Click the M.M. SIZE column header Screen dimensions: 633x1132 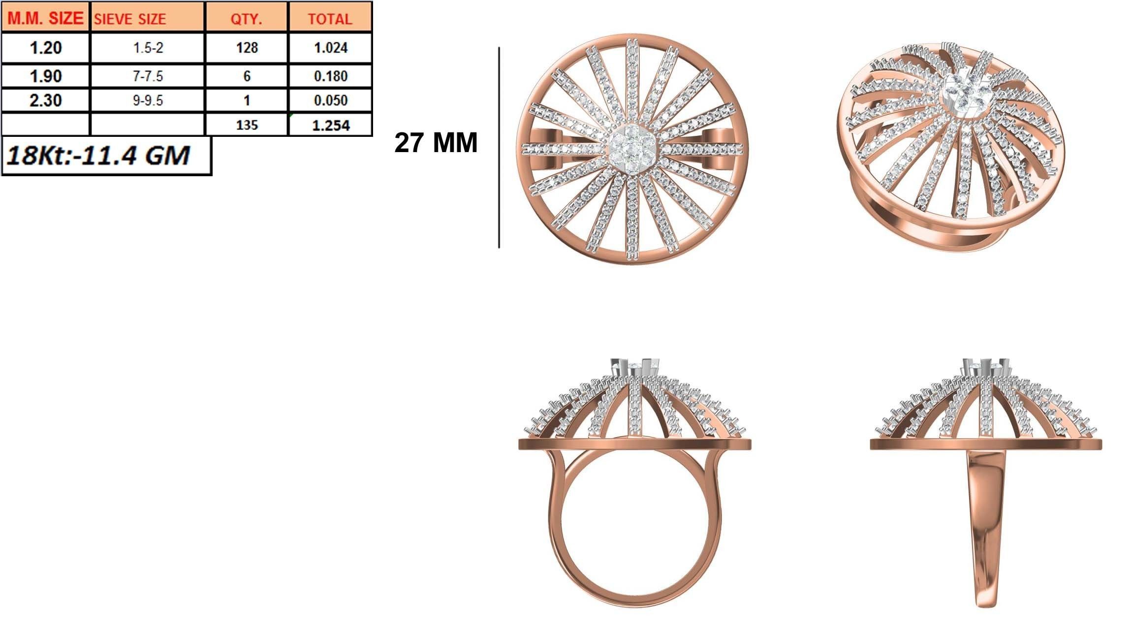click(x=45, y=18)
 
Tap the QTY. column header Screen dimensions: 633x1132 click(x=246, y=19)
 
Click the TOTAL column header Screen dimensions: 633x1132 click(x=330, y=19)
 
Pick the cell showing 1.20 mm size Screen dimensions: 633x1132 click(x=45, y=48)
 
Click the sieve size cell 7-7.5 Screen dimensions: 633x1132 click(x=147, y=76)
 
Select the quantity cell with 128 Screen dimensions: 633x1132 click(x=246, y=48)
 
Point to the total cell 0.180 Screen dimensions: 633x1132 click(x=330, y=76)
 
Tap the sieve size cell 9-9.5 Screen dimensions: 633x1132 click(x=147, y=100)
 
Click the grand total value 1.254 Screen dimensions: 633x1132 click(x=330, y=125)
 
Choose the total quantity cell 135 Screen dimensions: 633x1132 click(x=246, y=125)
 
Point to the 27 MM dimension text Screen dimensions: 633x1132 click(x=436, y=143)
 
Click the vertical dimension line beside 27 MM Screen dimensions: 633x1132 click(x=499, y=148)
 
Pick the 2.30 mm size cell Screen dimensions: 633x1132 click(x=45, y=100)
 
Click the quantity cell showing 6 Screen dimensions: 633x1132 click(x=246, y=76)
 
